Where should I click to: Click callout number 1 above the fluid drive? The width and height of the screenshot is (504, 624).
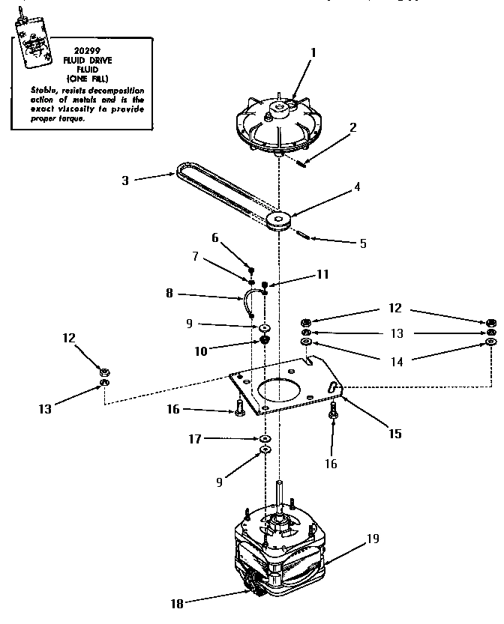(x=313, y=52)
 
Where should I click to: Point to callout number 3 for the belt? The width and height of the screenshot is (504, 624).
(x=127, y=179)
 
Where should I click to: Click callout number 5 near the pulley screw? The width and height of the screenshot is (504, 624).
(x=363, y=243)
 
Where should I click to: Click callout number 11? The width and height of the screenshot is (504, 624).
(x=322, y=275)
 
